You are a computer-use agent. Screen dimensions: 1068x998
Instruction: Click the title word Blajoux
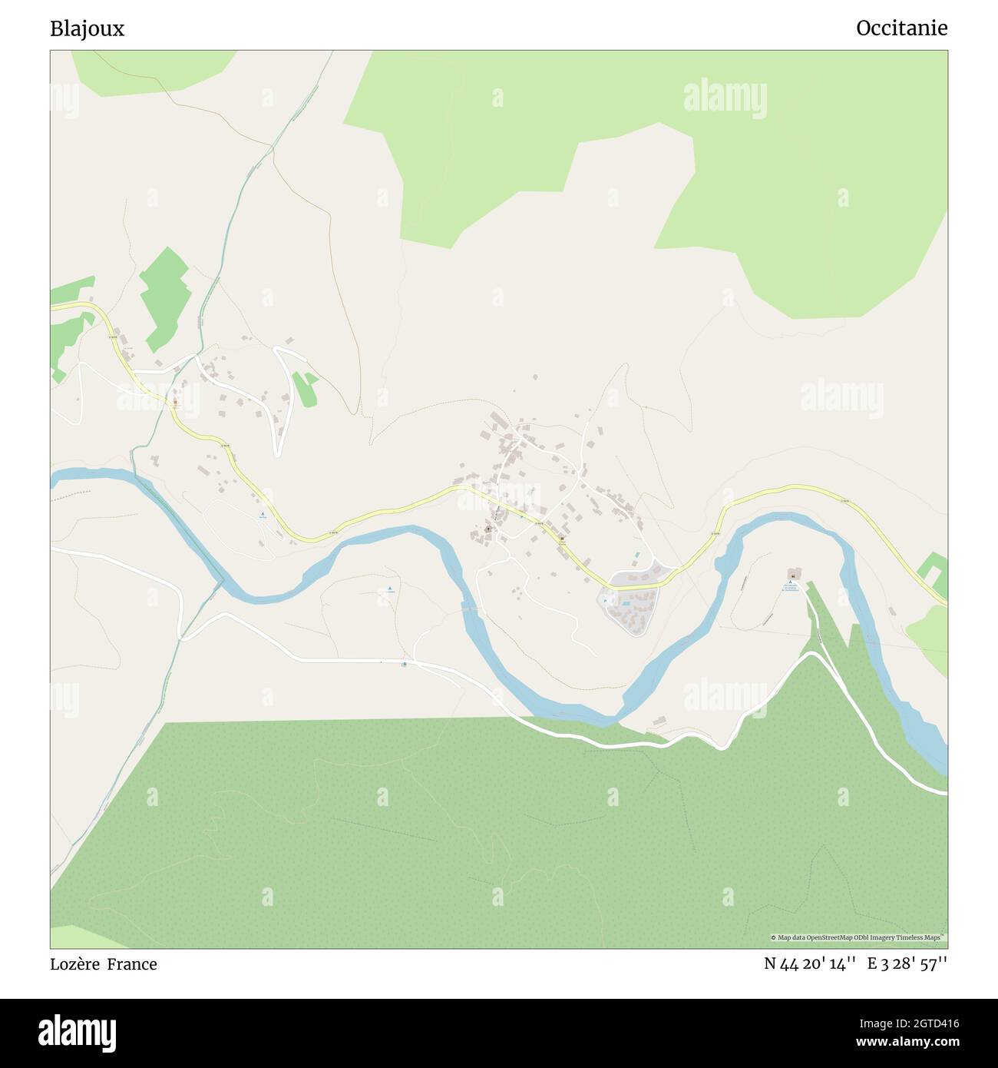(87, 28)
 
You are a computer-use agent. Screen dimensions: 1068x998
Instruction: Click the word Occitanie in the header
(901, 28)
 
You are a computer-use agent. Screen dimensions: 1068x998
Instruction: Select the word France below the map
(132, 964)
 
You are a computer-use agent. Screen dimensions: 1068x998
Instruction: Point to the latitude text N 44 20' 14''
(810, 964)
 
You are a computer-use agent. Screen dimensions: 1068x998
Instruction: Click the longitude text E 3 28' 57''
(907, 964)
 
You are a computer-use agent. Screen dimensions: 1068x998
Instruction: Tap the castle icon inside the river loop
(791, 573)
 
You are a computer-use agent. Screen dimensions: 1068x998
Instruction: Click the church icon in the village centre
(487, 529)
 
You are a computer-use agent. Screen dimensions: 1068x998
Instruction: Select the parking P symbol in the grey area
(605, 601)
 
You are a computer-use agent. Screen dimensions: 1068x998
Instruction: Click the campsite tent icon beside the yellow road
(262, 515)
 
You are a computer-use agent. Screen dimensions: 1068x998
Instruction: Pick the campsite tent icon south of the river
(389, 589)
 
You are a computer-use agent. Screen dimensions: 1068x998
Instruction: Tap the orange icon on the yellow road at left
(175, 402)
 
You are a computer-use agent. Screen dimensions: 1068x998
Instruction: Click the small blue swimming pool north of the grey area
(636, 555)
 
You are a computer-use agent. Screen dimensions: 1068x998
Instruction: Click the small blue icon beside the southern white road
(405, 665)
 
